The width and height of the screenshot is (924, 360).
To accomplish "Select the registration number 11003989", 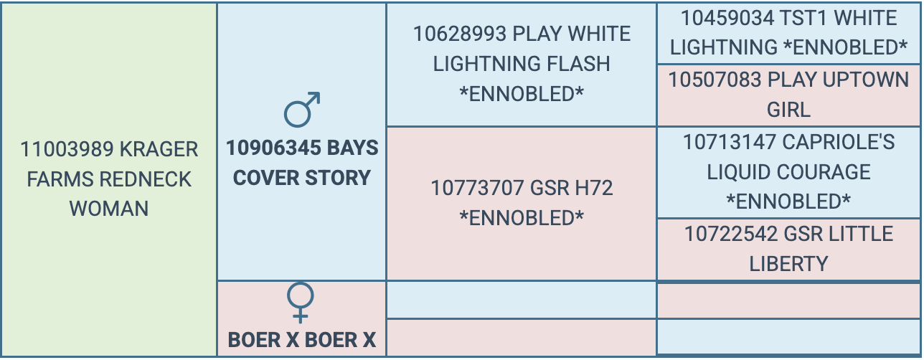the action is pyautogui.click(x=67, y=149).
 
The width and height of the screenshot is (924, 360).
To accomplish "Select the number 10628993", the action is pyautogui.click(x=460, y=34).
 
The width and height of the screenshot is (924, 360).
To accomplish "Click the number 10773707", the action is pyautogui.click(x=477, y=188).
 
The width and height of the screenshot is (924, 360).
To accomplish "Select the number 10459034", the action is pyautogui.click(x=727, y=18).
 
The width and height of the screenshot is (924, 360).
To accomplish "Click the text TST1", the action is pyautogui.click(x=803, y=18).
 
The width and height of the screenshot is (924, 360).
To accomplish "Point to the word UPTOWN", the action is pyautogui.click(x=865, y=80).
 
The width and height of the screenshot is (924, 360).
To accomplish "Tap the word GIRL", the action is pyautogui.click(x=788, y=110).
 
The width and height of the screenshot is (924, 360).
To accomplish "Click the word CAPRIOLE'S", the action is pyautogui.click(x=838, y=142).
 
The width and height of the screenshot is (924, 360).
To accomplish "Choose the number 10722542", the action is pyautogui.click(x=731, y=234).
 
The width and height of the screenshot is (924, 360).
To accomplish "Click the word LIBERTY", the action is pyautogui.click(x=788, y=264).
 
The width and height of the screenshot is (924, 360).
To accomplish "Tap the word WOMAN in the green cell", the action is pyautogui.click(x=109, y=209).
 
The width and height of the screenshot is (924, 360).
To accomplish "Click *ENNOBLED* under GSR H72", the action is pyautogui.click(x=522, y=218).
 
